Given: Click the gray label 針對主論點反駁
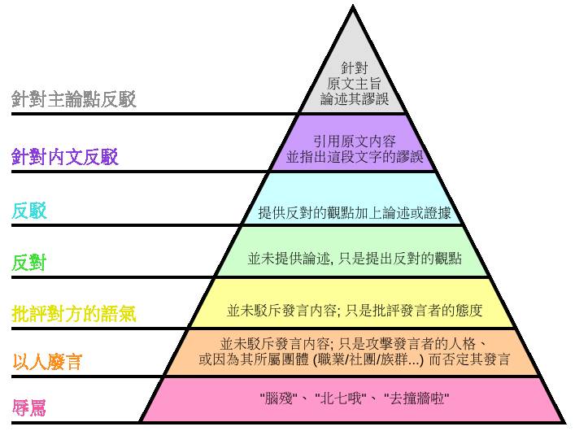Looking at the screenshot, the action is (74, 99).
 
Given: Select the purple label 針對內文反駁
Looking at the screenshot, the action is (65, 157).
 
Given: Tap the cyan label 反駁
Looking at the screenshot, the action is (29, 211).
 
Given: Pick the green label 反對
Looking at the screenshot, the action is (29, 263).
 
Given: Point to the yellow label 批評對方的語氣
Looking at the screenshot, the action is (74, 314).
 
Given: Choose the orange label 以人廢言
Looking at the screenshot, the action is (47, 362).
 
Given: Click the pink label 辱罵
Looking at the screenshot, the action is (29, 408).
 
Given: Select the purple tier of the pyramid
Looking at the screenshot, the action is (353, 143).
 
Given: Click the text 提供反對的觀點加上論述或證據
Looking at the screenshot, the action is (355, 213).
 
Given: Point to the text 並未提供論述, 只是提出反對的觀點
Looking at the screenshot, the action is (355, 259).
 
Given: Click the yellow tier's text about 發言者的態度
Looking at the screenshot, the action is (355, 311).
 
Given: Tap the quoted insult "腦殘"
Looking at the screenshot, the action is (277, 398).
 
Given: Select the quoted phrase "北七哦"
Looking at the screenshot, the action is (341, 398).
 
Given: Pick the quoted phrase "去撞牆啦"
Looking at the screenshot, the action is (416, 398).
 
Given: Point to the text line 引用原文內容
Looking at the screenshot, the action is (355, 141).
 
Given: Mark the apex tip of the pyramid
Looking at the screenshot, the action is (353, 6).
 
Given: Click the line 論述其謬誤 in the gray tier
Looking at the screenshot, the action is (355, 99).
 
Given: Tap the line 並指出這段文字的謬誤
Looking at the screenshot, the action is (355, 157).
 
